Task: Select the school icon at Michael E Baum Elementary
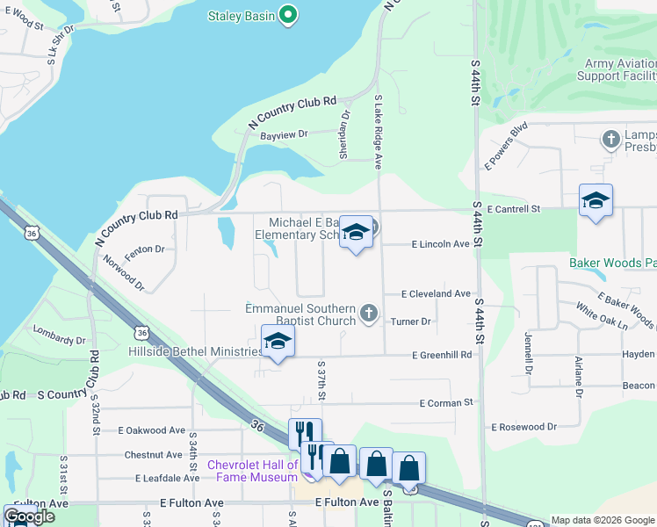[355, 232]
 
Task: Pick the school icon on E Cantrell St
[596, 201]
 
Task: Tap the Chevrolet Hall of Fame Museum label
[253, 471]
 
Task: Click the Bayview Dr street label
[284, 134]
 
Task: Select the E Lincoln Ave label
[440, 244]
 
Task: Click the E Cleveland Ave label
[436, 293]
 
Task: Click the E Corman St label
[446, 402]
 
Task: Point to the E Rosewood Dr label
[523, 427]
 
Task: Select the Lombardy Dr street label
[59, 335]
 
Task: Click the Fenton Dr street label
[145, 249]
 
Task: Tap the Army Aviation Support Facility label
[616, 69]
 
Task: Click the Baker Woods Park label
[612, 263]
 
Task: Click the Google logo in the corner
[29, 516]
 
